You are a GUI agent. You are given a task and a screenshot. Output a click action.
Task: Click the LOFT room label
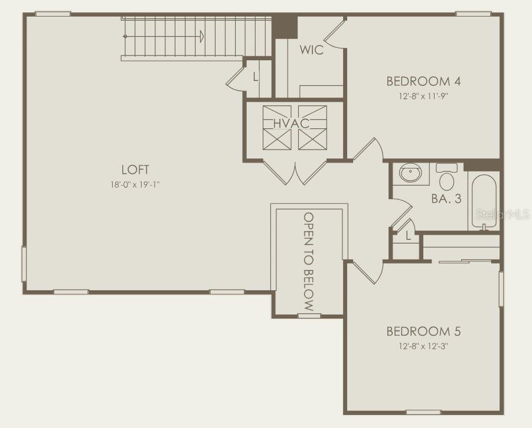(x=135, y=170)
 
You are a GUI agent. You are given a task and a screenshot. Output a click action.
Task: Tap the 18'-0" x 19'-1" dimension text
(x=135, y=185)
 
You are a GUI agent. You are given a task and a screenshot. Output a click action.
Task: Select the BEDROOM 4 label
(x=423, y=81)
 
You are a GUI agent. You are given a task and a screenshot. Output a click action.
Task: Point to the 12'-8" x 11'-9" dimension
(x=423, y=96)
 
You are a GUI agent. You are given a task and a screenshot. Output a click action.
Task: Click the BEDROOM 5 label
(x=423, y=331)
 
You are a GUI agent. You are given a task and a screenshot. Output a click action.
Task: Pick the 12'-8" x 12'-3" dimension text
(x=423, y=346)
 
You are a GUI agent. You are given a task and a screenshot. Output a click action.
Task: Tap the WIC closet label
(x=311, y=50)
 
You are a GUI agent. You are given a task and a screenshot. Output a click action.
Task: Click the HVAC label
(x=292, y=124)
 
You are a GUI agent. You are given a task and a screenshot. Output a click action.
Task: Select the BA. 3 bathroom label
(x=446, y=199)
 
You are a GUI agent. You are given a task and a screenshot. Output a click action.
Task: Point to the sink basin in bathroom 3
(x=410, y=173)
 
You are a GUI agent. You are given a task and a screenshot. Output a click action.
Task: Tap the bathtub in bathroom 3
(x=484, y=202)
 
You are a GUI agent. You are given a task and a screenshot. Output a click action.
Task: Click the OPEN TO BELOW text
(x=308, y=261)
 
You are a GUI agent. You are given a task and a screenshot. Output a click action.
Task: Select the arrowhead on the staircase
(x=202, y=36)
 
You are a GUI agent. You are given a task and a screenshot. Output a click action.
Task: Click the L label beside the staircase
(x=256, y=77)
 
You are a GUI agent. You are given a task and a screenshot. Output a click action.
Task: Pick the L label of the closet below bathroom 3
(x=408, y=235)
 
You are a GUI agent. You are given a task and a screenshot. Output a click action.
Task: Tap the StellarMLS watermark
(x=503, y=214)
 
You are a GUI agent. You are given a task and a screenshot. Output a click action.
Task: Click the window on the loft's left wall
(x=24, y=264)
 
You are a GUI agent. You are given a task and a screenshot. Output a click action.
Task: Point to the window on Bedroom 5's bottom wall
(x=423, y=413)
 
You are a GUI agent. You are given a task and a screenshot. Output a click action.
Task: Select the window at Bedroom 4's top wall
(x=473, y=14)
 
